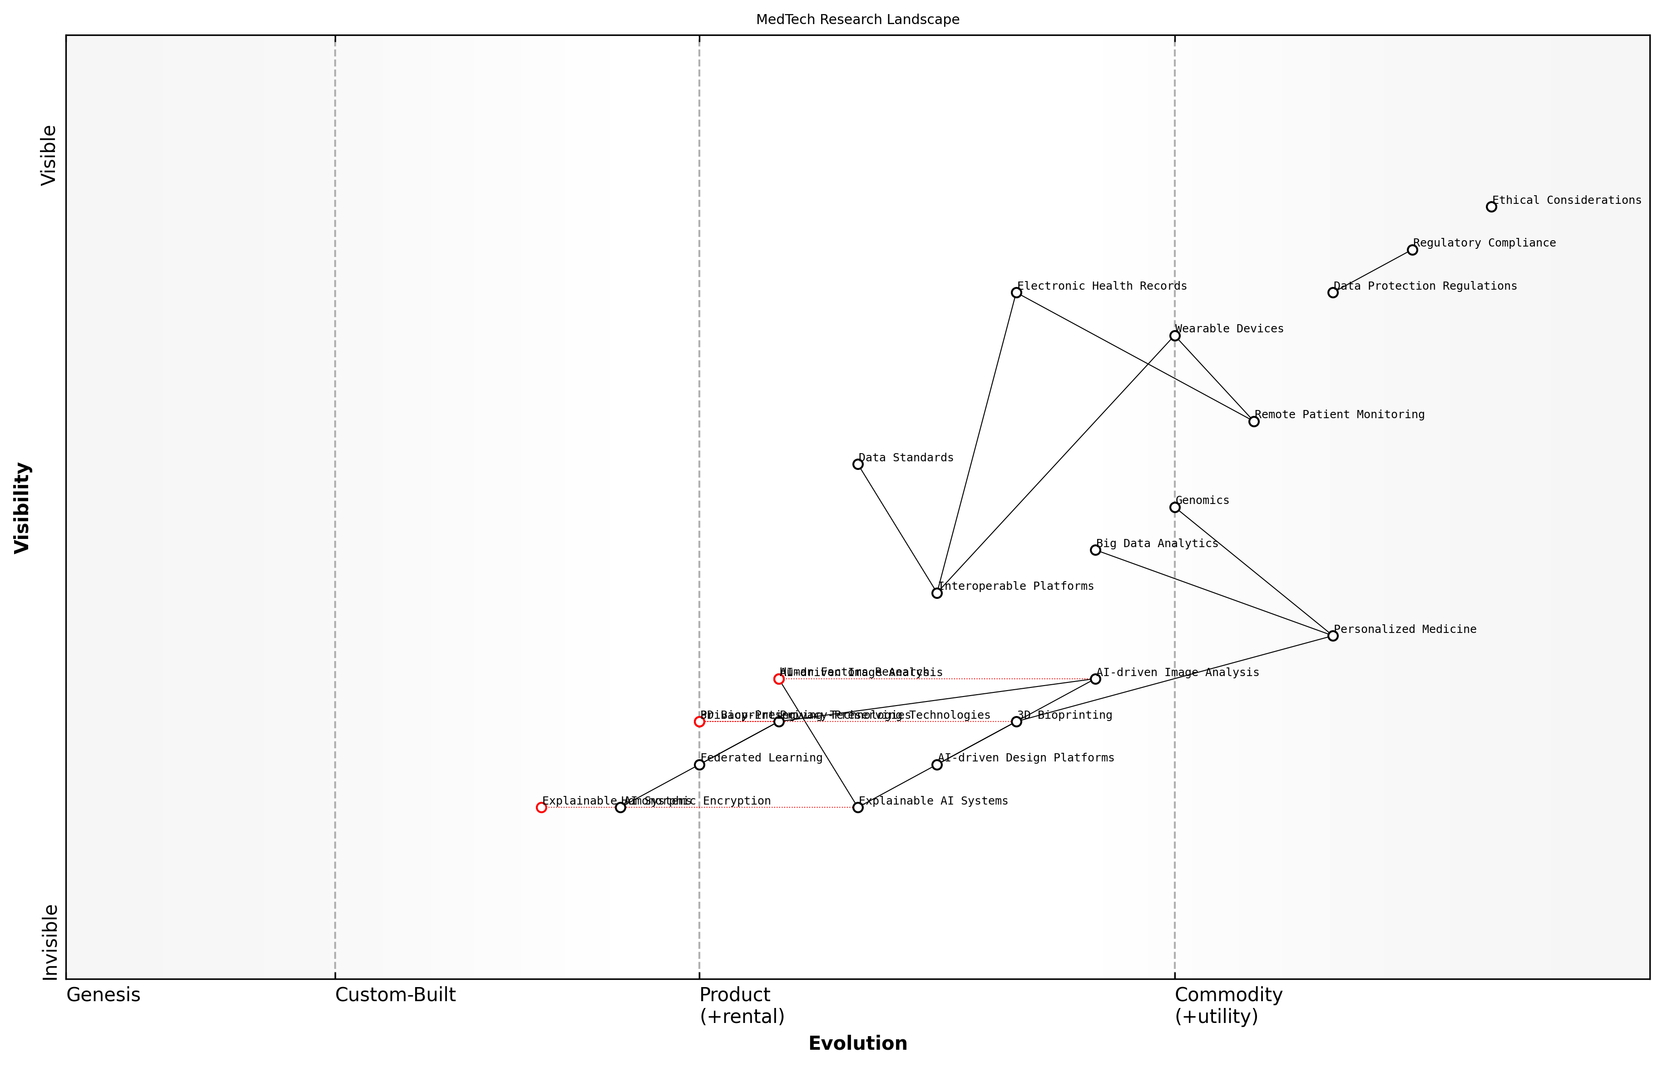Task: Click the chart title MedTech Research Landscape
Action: tap(857, 20)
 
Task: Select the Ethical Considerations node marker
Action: tap(1490, 207)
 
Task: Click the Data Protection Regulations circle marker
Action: tap(1332, 292)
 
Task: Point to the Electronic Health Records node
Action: tap(1016, 292)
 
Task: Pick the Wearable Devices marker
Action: tap(1174, 336)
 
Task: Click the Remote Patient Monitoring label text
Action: tap(1339, 415)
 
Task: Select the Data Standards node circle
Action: tap(857, 464)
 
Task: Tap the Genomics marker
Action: tap(1174, 507)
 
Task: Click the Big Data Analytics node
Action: tap(1095, 550)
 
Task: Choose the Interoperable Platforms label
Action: tap(1016, 586)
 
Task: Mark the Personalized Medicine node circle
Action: tap(1332, 635)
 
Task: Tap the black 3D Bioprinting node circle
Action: tap(1016, 721)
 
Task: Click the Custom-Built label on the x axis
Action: tap(395, 995)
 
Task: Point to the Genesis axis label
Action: tap(103, 995)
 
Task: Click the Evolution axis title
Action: tap(857, 1043)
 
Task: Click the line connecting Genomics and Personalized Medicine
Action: tap(1253, 572)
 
